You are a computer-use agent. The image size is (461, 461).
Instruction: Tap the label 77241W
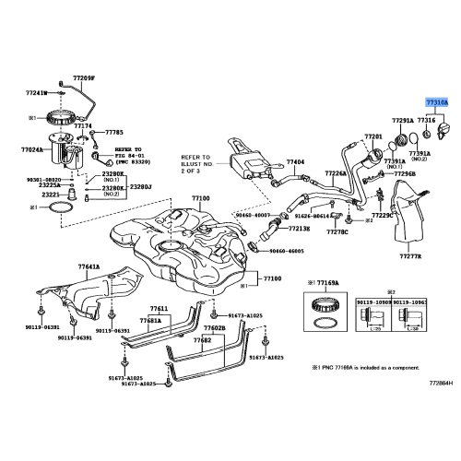36,93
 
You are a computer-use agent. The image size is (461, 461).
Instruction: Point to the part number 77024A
32,148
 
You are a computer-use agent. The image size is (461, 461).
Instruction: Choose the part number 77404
295,161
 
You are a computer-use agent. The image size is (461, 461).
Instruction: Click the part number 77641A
89,266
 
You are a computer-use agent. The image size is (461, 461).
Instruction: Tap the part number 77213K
298,228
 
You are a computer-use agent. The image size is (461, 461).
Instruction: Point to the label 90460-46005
287,250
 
